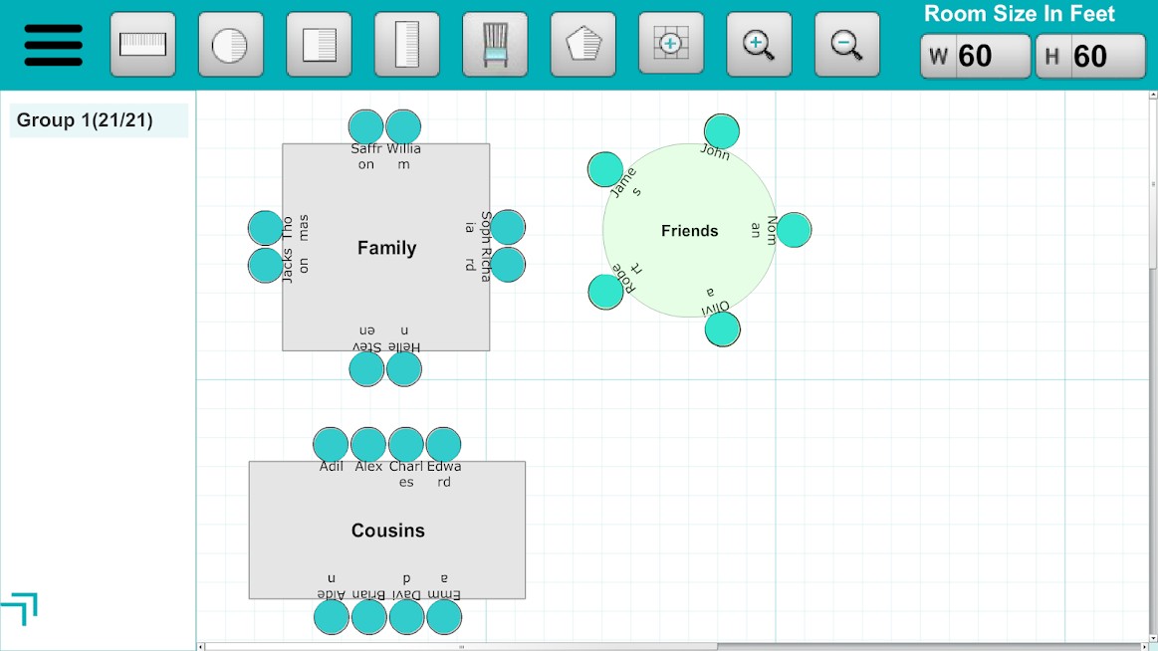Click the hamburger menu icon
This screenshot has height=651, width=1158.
click(54, 45)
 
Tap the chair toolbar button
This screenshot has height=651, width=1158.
click(495, 45)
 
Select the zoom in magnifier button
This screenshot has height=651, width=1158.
click(759, 45)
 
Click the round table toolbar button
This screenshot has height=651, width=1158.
click(231, 45)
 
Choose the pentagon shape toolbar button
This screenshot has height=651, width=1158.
click(582, 45)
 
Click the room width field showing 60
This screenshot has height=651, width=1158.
click(975, 56)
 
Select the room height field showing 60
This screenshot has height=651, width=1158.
click(1090, 56)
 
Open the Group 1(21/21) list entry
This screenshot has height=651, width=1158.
click(99, 120)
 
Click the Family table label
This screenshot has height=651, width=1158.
click(386, 248)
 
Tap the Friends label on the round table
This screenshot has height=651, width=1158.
click(689, 231)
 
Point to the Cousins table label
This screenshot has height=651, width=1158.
click(387, 531)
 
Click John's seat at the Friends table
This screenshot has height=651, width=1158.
click(722, 131)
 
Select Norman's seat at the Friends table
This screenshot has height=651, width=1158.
click(794, 230)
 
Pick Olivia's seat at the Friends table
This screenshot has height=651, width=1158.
click(722, 329)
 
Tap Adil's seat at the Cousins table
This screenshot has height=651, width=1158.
click(332, 445)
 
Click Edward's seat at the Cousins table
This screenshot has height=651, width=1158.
click(443, 445)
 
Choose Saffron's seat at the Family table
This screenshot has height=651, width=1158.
click(366, 127)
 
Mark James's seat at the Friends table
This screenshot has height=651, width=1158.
click(605, 169)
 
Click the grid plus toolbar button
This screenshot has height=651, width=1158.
click(670, 45)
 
